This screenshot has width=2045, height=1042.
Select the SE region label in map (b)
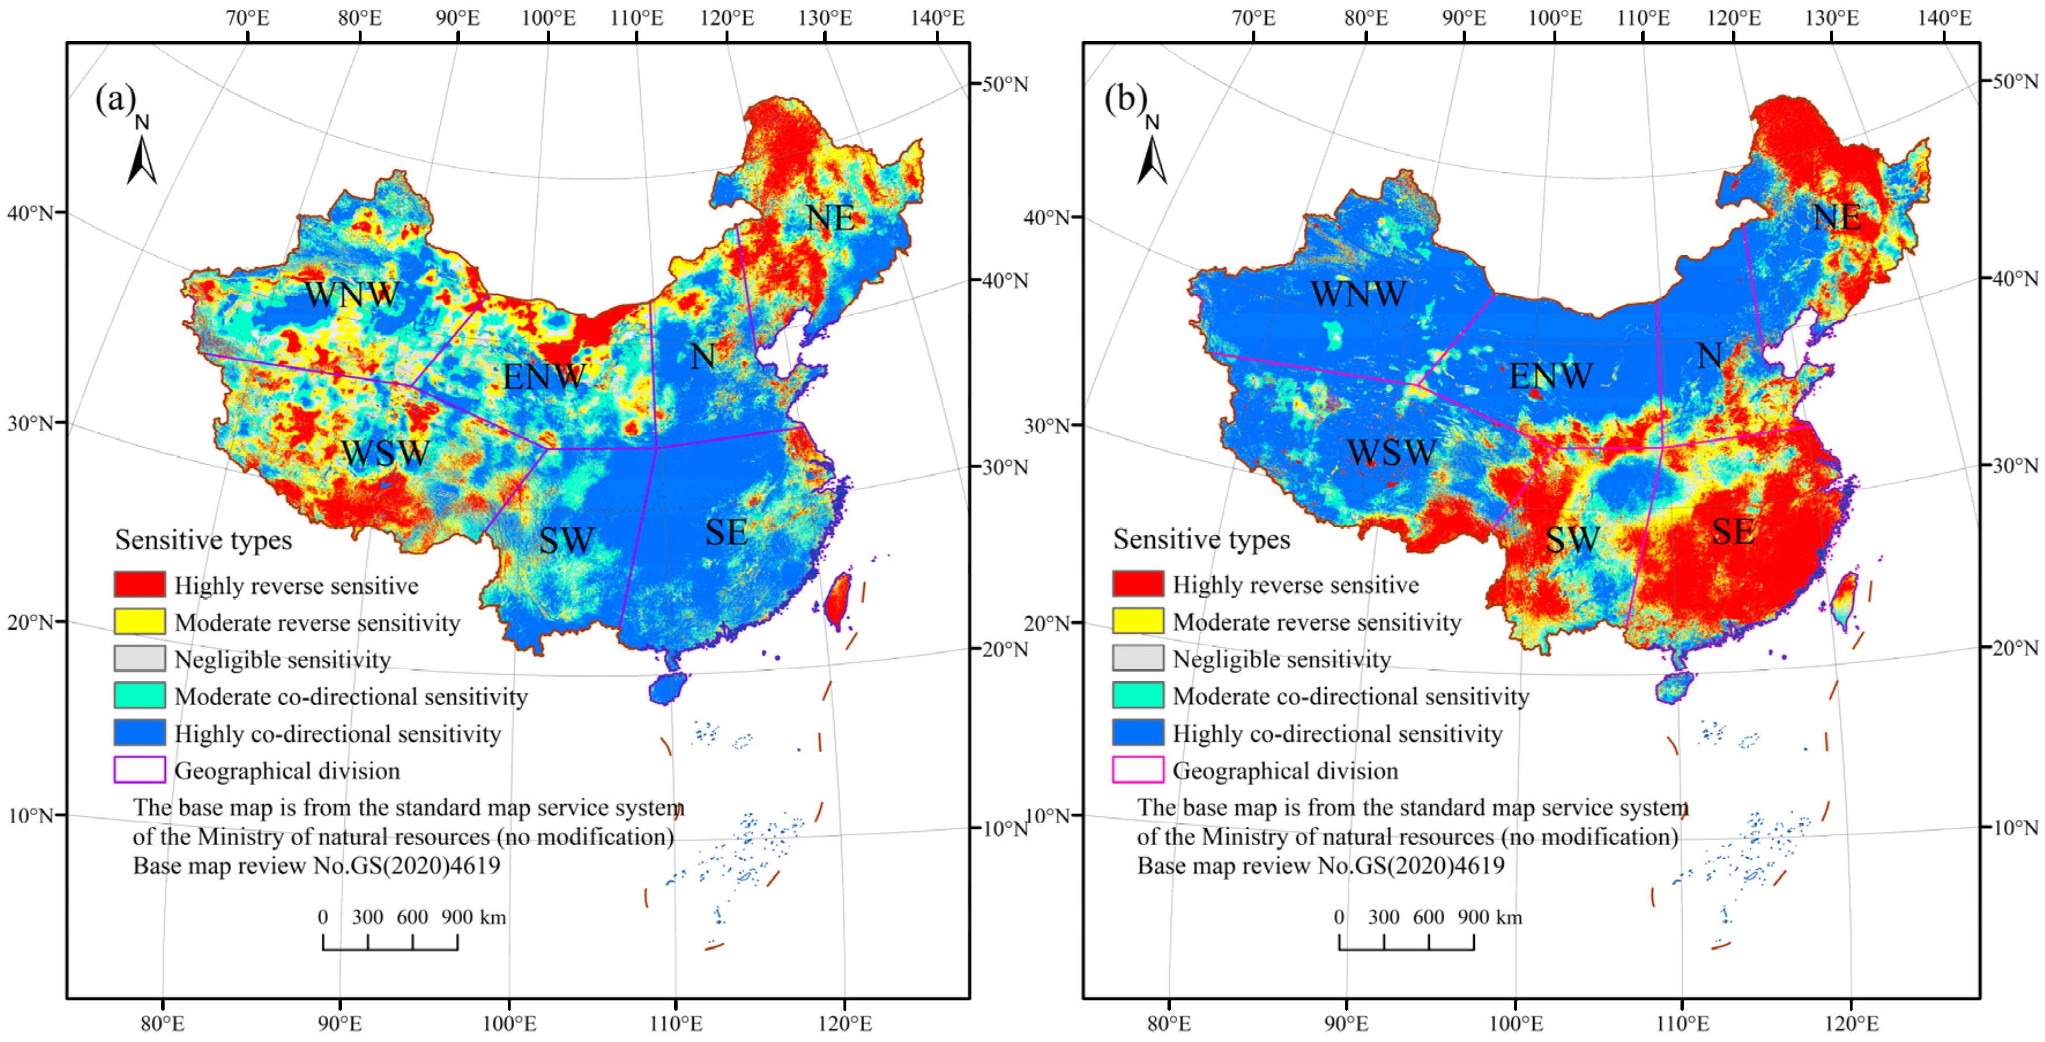pos(1732,531)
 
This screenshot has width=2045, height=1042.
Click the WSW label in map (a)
pos(385,453)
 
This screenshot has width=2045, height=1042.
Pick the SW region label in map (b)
pos(1572,540)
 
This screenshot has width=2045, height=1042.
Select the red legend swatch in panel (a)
pos(140,584)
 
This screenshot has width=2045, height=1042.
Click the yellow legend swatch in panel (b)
pos(1137,621)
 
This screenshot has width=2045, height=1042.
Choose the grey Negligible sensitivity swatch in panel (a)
pos(140,658)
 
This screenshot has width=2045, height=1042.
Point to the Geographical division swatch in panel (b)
pos(1137,770)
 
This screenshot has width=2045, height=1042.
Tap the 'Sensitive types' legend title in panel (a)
pos(203,540)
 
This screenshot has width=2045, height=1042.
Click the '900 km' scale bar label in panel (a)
pos(473,917)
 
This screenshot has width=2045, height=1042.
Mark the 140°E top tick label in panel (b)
pos(1944,17)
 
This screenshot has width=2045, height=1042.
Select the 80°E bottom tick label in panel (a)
pos(163,1024)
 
